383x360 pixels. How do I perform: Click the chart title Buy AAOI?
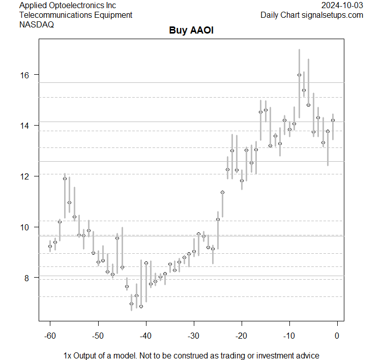click(x=191, y=31)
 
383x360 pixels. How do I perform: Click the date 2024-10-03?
click(x=342, y=6)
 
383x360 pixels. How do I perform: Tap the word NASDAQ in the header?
click(x=37, y=24)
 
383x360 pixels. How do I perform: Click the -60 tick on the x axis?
click(x=50, y=336)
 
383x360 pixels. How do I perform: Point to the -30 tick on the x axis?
click(x=193, y=336)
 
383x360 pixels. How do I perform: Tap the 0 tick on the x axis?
click(x=337, y=336)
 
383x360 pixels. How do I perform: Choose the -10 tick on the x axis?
click(x=289, y=336)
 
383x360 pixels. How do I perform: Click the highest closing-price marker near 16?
click(x=299, y=75)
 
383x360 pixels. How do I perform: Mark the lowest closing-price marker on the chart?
click(x=141, y=306)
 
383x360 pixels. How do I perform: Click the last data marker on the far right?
click(x=333, y=121)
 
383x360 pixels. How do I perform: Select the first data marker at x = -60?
click(x=50, y=246)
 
